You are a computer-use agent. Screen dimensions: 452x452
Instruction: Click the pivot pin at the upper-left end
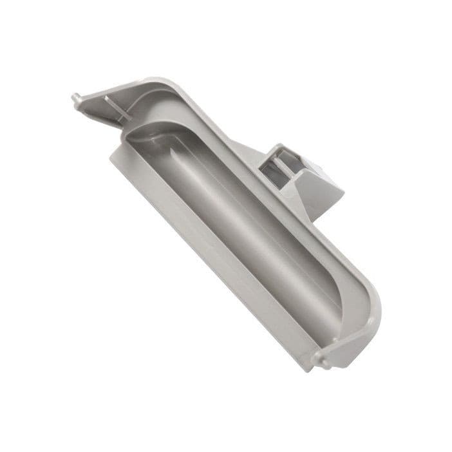click(75, 99)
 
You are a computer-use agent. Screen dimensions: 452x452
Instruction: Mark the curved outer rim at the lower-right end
click(377, 315)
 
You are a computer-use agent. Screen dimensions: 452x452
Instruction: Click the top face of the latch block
click(283, 149)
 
